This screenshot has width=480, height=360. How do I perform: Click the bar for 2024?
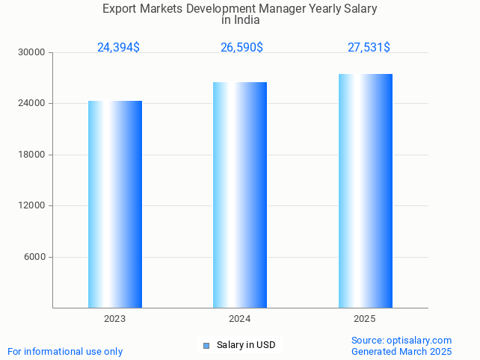point(240,195)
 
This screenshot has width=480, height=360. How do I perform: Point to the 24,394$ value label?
point(118,47)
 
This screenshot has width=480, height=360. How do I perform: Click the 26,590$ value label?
point(241,47)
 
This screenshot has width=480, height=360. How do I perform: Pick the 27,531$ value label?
point(369,47)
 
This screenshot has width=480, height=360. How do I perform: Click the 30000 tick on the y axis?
point(33,52)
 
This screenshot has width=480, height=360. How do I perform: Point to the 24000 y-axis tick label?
point(33,104)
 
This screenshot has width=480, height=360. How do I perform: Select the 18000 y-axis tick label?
point(33,155)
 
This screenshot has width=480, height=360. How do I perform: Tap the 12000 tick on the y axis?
point(33,205)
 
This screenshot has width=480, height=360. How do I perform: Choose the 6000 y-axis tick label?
point(35,257)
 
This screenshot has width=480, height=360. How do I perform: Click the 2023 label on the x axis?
point(115,319)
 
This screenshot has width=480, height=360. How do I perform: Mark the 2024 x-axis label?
point(240,319)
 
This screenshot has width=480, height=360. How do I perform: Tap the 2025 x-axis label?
point(365,319)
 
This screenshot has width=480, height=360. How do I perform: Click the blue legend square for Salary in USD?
point(206,345)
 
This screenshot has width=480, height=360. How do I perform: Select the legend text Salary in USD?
point(246,345)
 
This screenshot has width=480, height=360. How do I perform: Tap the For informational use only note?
point(65,351)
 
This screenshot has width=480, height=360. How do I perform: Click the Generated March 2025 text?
point(401,351)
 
